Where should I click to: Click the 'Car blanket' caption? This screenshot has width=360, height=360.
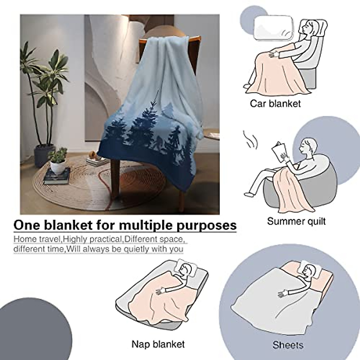point(275,103)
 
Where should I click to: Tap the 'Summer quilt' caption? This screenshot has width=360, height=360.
point(296,221)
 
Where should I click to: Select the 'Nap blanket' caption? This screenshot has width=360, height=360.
point(158,343)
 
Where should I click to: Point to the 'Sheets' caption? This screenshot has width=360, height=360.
point(288,345)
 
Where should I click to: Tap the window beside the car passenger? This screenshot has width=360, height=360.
point(273,28)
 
